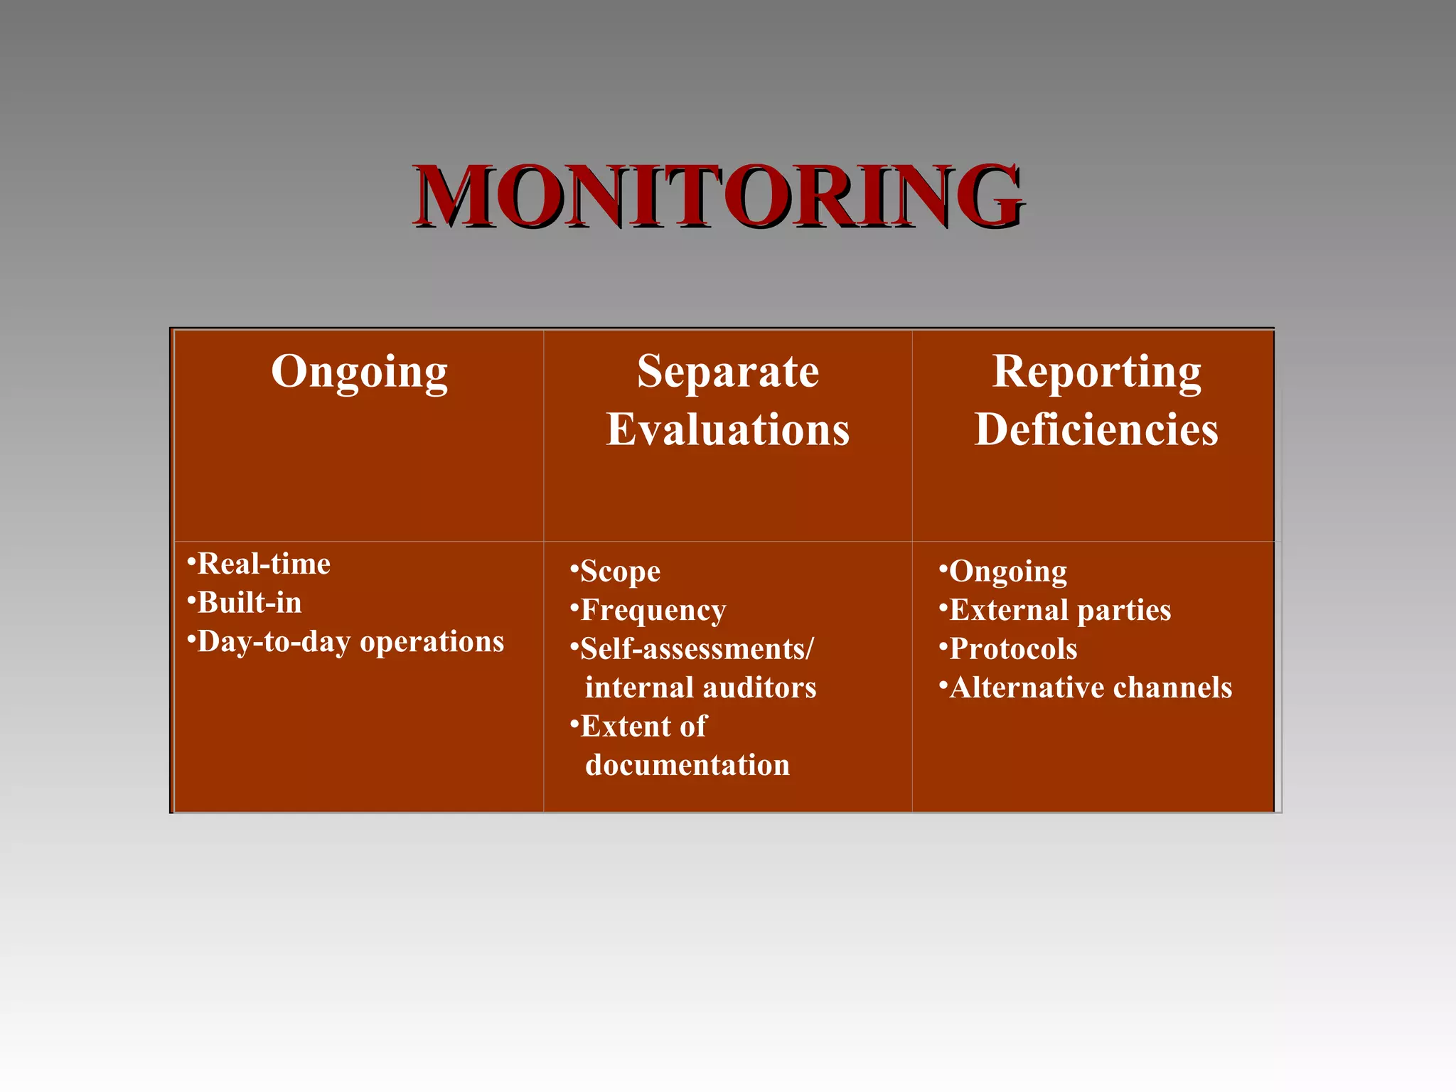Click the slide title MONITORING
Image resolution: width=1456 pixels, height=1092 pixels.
718,196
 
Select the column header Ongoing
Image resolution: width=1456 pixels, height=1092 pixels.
359,372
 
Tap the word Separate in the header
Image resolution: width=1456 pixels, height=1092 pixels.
727,372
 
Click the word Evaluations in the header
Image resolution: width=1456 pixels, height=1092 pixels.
727,430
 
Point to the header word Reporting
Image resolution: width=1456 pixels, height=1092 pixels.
1096,372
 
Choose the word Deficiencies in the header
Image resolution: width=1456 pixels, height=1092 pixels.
1096,430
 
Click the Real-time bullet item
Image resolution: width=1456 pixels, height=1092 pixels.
264,564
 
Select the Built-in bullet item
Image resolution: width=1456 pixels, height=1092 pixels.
249,603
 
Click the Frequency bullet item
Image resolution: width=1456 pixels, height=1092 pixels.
653,611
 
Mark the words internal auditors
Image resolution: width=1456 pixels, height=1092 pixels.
700,688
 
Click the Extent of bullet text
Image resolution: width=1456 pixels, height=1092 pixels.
643,727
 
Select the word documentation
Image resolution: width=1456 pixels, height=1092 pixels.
687,766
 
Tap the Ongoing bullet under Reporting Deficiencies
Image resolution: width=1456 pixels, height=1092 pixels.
1007,572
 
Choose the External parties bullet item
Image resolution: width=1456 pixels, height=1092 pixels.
1059,611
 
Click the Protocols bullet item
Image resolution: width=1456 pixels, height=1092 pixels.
1013,649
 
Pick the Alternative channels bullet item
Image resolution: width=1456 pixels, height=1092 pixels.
1091,688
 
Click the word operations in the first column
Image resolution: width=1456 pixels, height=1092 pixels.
432,642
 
